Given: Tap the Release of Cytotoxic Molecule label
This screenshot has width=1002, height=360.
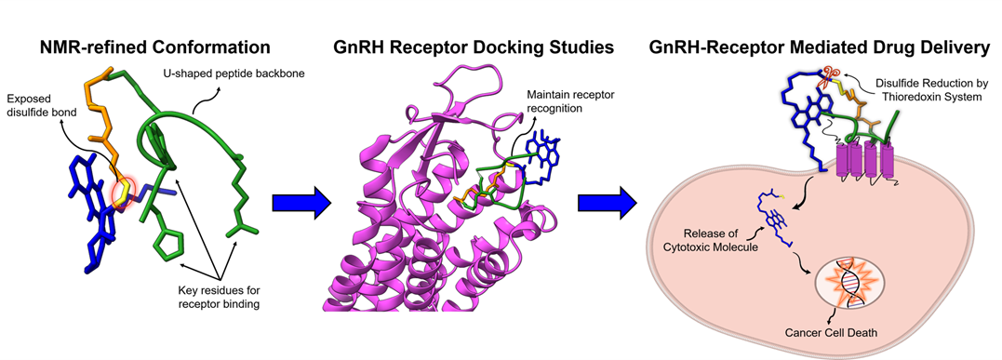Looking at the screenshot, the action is tap(721, 237).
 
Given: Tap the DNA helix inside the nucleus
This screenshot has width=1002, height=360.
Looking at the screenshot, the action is tap(848, 280).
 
